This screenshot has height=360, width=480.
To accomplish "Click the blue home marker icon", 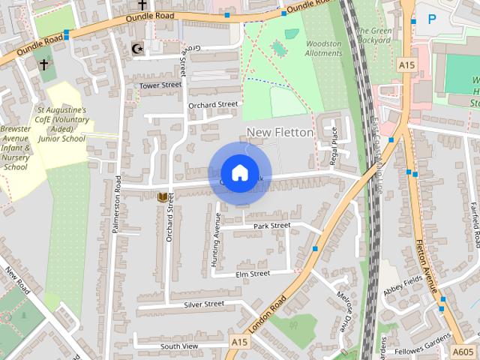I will [x=238, y=173].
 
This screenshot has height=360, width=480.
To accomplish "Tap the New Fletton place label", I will [x=279, y=132].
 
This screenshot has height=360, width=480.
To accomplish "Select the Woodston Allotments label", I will [x=323, y=49].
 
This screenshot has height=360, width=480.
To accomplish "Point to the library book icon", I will [x=162, y=197].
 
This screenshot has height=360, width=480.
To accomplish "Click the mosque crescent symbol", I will [x=136, y=49].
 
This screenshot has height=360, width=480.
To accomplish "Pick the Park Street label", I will [x=271, y=226].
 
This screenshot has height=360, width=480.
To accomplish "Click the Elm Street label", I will [x=252, y=274].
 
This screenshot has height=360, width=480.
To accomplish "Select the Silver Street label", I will [x=204, y=304].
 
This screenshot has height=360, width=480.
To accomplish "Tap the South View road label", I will [x=178, y=346].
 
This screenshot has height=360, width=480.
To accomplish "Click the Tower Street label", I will [x=160, y=85].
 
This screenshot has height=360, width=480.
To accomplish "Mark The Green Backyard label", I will [x=373, y=35].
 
